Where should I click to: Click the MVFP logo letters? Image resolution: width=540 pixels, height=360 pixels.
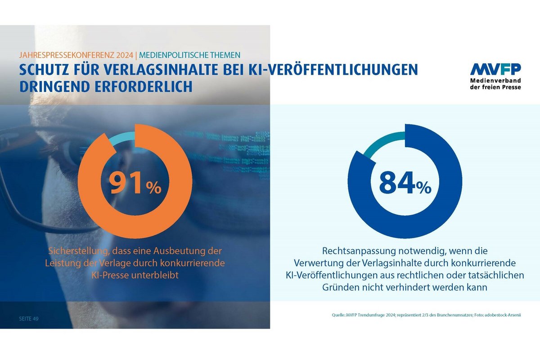coord(495,69)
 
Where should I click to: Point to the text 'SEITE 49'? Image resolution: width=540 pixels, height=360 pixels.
coord(29,319)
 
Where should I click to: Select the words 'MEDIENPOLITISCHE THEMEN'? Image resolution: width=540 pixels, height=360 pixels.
coord(189,55)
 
